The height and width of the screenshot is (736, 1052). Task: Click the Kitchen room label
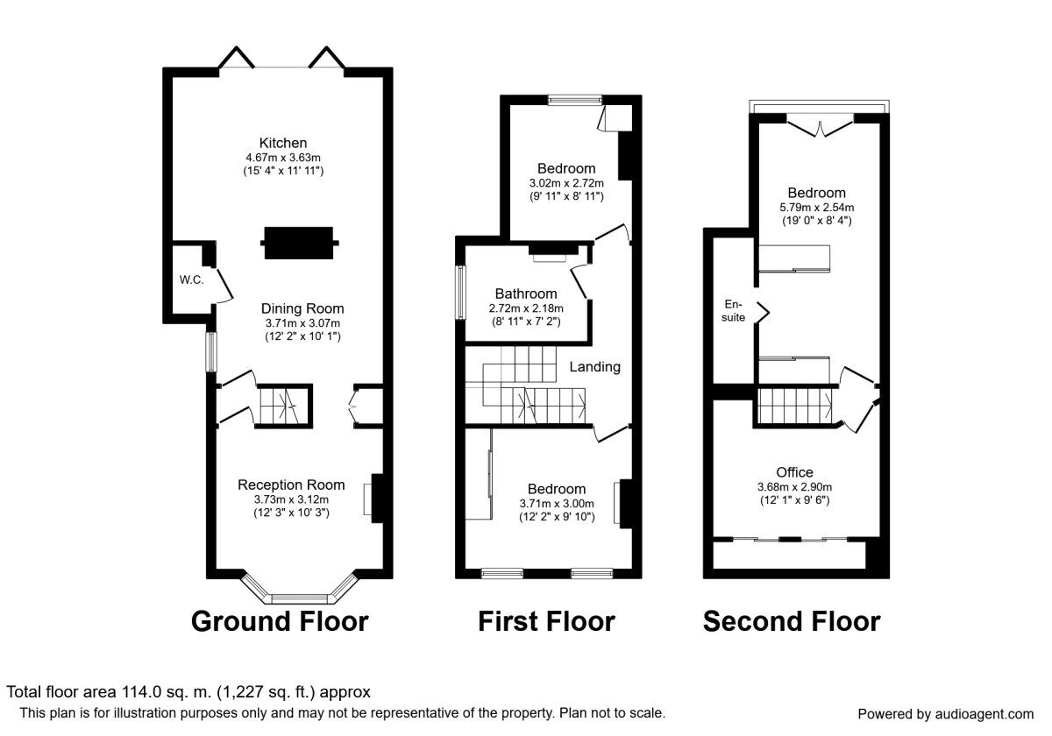pos(282,143)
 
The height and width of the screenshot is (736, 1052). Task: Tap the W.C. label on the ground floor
pos(192,280)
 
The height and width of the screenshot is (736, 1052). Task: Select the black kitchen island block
pos(300,243)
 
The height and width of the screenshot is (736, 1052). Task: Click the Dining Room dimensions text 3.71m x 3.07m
pos(302,323)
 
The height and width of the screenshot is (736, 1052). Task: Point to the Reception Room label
pos(291,485)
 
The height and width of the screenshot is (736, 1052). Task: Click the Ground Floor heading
pos(280,621)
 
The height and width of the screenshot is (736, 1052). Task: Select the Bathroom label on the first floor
pos(525,294)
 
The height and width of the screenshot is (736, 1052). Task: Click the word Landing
pos(594,367)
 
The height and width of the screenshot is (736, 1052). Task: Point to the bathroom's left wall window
pos(458,291)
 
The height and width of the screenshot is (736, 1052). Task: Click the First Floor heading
pos(546,621)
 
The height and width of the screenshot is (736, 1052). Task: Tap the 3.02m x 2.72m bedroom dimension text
pos(565,183)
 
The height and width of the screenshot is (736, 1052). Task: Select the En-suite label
pos(734,311)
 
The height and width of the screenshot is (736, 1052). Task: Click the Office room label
pos(794,472)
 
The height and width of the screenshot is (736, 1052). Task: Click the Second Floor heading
pos(791,621)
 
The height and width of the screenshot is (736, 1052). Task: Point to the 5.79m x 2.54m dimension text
pos(815,208)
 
